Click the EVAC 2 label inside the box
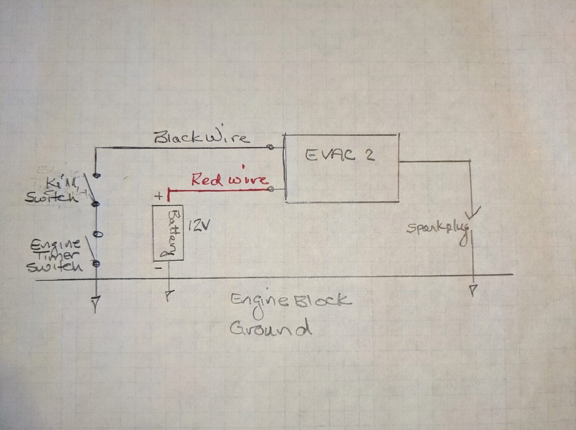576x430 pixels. (339, 155)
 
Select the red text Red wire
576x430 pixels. (229, 180)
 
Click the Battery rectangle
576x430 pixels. (168, 233)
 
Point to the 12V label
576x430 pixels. (199, 226)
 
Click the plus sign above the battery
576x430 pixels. (158, 196)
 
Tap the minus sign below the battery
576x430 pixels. (158, 268)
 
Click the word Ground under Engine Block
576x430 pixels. (270, 328)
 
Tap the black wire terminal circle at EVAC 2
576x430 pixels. (271, 147)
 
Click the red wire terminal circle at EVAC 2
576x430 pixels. (272, 189)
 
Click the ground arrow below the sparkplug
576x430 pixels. (473, 289)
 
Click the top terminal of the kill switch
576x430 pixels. (97, 175)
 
